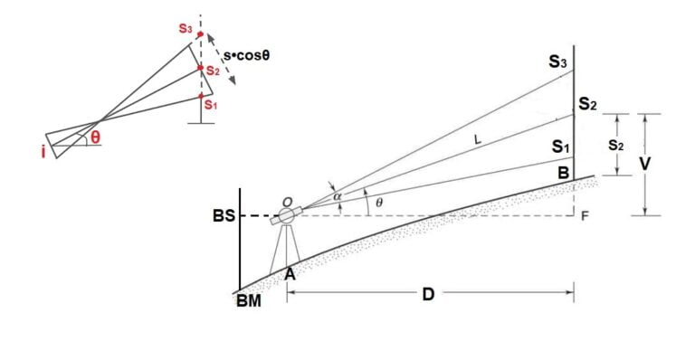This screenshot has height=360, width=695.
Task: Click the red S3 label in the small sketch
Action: click(x=185, y=29)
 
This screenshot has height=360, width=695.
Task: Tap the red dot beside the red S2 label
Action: click(x=201, y=68)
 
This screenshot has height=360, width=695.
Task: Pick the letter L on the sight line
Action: click(x=478, y=139)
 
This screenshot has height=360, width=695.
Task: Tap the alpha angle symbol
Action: click(x=338, y=194)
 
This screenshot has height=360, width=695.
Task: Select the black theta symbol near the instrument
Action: click(x=378, y=204)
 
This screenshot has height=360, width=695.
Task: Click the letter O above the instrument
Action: click(x=286, y=200)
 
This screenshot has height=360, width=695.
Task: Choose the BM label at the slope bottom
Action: click(x=248, y=300)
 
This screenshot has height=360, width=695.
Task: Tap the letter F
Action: click(x=586, y=217)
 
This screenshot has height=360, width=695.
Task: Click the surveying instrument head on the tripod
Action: click(x=289, y=216)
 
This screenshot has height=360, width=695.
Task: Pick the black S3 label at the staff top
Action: click(x=557, y=62)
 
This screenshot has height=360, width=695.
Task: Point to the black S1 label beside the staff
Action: click(x=559, y=145)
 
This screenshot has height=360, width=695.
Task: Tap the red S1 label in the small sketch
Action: click(x=211, y=105)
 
